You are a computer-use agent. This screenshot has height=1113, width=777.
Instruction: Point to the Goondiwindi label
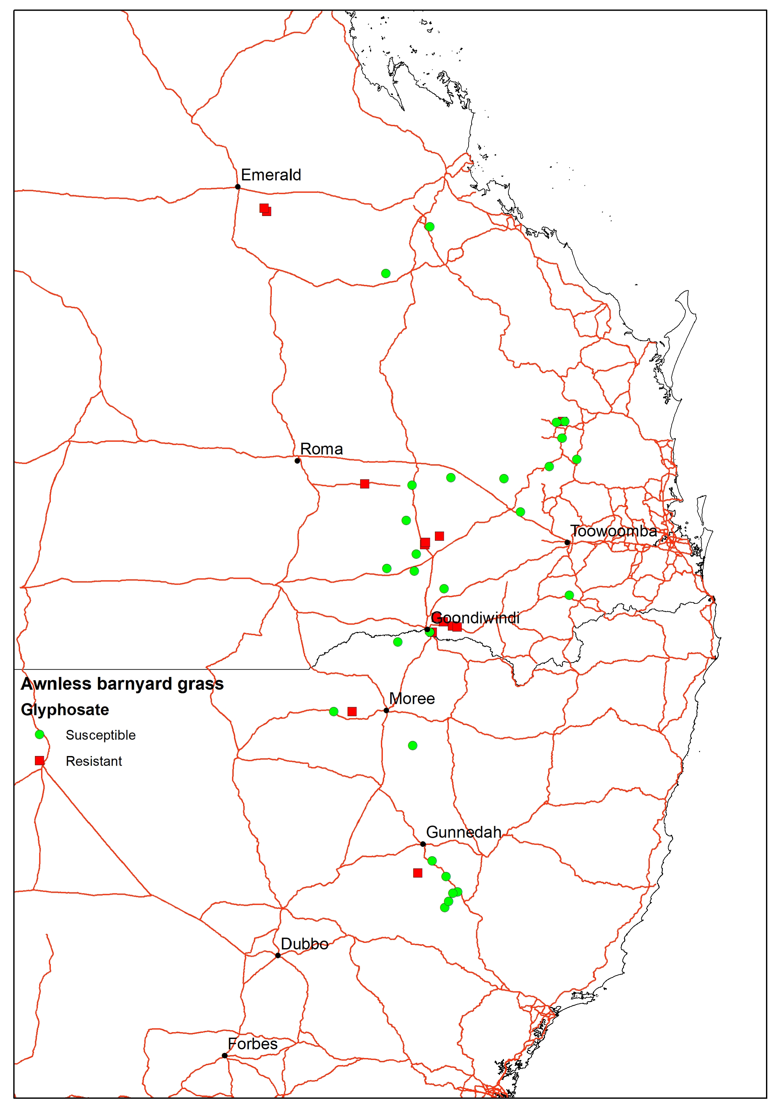[x=475, y=618]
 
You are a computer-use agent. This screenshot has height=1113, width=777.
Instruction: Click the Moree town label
[x=412, y=698]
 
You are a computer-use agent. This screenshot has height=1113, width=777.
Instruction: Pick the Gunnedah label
[x=463, y=832]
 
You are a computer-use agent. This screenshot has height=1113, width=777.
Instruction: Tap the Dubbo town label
[x=304, y=944]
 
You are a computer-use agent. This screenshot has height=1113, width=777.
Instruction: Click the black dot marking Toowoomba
[x=567, y=543]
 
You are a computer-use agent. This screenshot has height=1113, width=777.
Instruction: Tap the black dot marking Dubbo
[x=278, y=956]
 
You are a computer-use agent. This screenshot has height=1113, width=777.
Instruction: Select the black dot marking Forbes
[x=225, y=1055]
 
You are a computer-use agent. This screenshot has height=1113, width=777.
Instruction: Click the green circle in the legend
[x=40, y=734]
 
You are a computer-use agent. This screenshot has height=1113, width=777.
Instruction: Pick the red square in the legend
[x=40, y=761]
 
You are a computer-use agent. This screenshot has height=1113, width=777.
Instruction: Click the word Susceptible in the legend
[x=100, y=735]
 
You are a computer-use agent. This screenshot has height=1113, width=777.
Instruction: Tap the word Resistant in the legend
[x=94, y=762]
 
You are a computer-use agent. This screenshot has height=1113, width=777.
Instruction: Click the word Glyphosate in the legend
[x=65, y=710]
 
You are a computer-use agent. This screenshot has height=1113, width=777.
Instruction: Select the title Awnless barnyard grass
[x=122, y=684]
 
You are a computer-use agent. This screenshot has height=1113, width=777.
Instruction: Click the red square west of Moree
[x=352, y=712]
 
